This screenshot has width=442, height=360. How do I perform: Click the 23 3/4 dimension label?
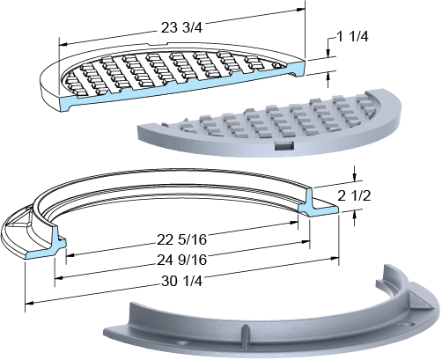[181, 28]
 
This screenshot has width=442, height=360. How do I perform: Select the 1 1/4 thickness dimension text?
[352, 37]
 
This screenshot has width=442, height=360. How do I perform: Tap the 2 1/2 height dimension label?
[354, 196]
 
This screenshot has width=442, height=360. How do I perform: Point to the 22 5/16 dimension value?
[181, 239]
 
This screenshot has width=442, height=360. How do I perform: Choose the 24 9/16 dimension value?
[181, 260]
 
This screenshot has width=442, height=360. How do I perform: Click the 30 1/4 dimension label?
[181, 282]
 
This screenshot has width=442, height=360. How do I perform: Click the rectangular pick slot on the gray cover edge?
[284, 145]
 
